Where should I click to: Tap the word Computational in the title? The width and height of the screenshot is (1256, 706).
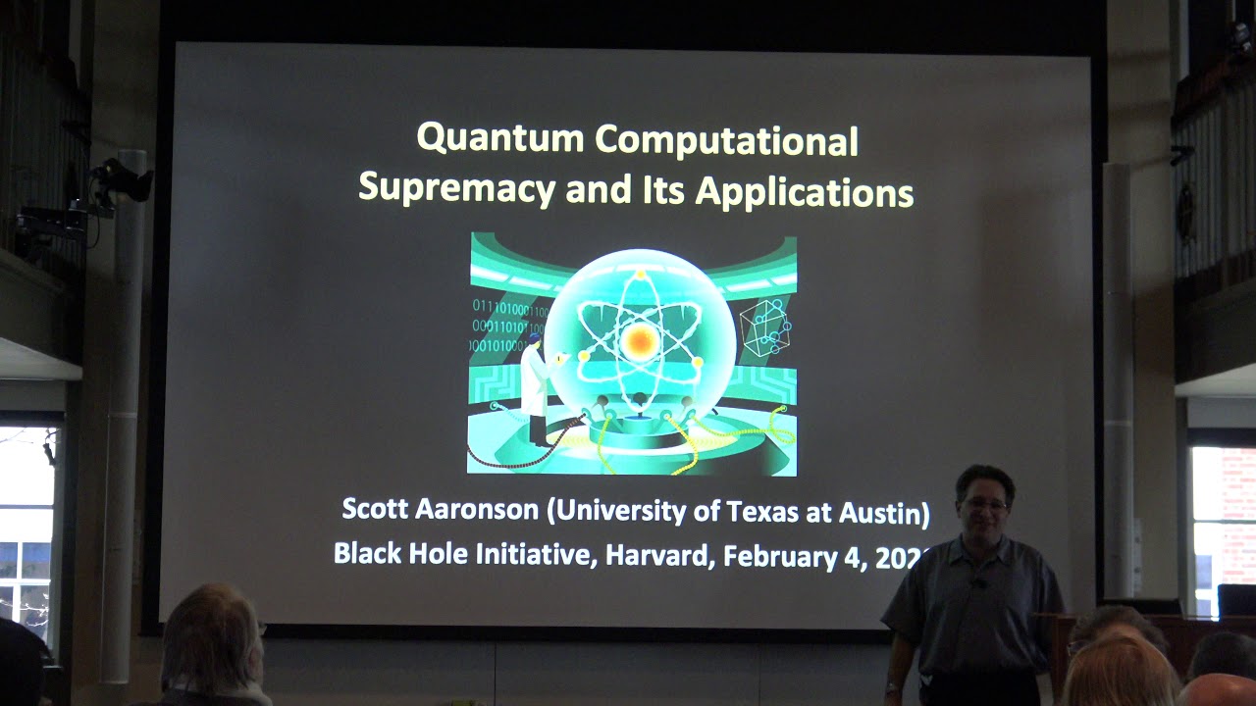tap(727, 140)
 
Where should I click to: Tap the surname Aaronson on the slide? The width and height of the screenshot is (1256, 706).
tap(477, 511)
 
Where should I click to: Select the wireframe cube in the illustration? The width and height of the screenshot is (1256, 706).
tap(764, 328)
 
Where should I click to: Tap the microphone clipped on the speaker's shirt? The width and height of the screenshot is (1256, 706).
tap(978, 583)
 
